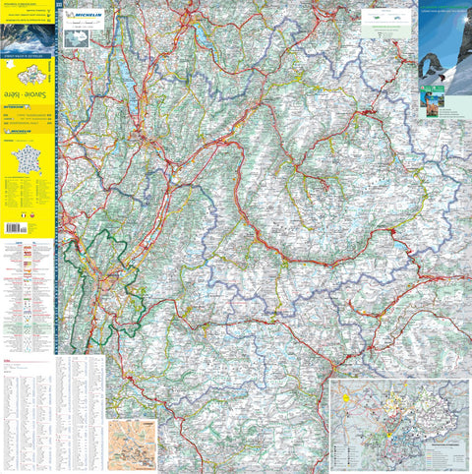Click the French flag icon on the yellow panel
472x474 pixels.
pos(23,214)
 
